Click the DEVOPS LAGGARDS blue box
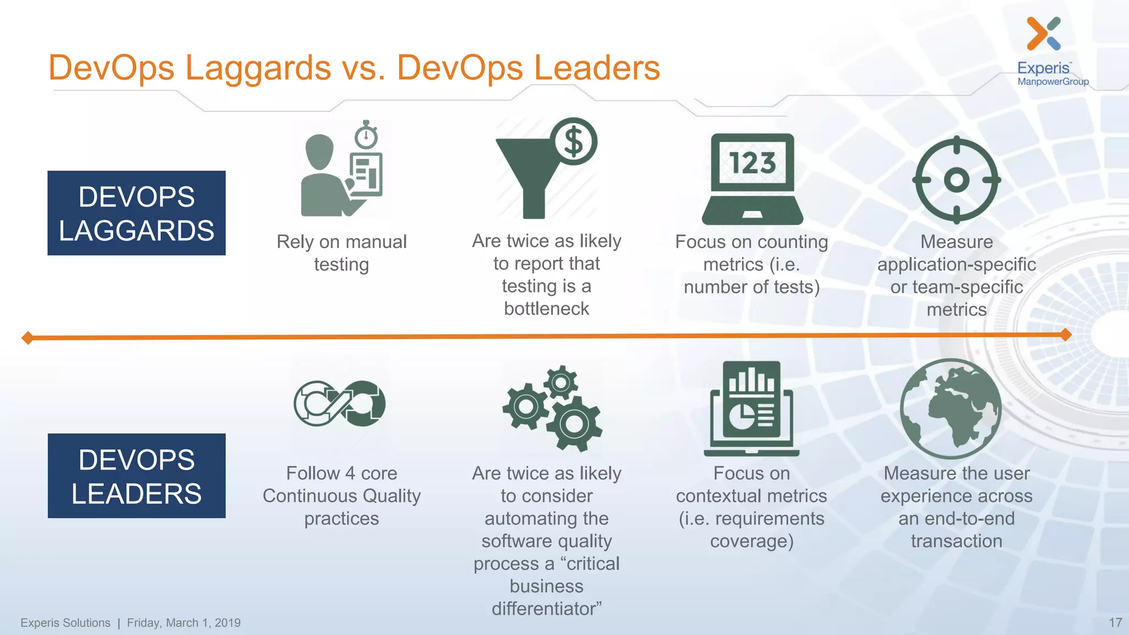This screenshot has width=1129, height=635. [136, 213]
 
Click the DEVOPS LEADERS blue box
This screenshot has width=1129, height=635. [136, 476]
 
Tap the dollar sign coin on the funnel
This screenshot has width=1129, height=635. [574, 141]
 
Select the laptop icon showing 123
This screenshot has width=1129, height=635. [752, 179]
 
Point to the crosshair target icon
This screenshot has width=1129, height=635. [956, 180]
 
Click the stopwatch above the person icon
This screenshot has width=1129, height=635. [366, 135]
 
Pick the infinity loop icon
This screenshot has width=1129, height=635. [340, 403]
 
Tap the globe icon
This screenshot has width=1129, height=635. [951, 408]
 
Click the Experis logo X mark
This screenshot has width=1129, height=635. [1043, 33]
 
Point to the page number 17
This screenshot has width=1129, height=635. [1115, 622]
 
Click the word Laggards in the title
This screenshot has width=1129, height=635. [258, 68]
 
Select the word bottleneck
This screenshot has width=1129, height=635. [546, 309]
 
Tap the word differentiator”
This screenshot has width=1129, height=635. [546, 609]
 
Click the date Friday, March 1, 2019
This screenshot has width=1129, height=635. [184, 623]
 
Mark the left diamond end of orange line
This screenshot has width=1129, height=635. [28, 338]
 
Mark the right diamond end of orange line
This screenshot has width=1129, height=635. [1066, 335]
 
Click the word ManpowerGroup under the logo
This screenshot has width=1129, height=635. [1053, 82]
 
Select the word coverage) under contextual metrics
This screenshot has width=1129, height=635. [751, 541]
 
